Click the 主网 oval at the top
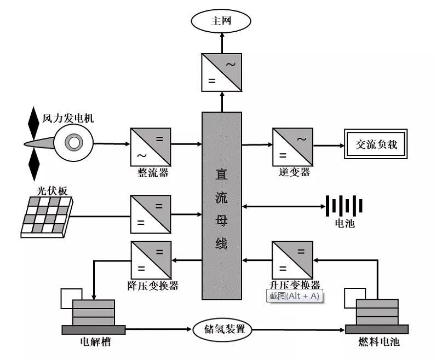tap(221, 21)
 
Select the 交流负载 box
tap(376, 145)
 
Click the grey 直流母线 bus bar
tap(221, 206)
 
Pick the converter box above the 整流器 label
tap(150, 147)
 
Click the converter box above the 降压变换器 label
tap(150, 260)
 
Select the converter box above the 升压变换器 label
tap(293, 260)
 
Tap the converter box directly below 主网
tap(221, 71)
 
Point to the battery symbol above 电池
tap(345, 206)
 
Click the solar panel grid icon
tap(46, 217)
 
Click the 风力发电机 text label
tap(68, 118)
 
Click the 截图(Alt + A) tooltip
tap(294, 296)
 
